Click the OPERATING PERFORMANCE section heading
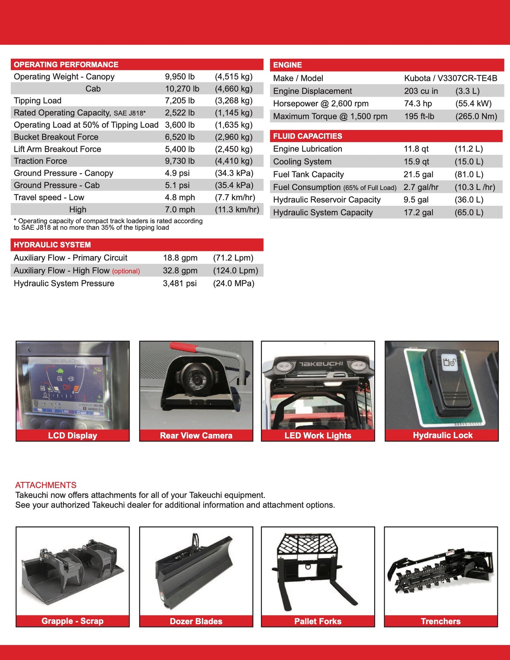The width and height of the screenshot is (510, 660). [66, 65]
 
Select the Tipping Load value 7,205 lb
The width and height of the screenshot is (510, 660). [180, 101]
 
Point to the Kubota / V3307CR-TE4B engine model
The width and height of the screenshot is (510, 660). [450, 78]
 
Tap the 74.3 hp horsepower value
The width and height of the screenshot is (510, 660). [418, 104]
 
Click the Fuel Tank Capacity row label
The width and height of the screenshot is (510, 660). [308, 174]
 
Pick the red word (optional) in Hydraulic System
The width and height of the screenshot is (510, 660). [126, 271]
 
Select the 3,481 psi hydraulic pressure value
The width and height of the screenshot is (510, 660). [180, 283]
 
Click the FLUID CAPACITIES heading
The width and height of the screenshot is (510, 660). [307, 136]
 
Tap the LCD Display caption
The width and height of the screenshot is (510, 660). [72, 436]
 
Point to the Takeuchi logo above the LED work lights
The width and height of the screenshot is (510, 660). [321, 364]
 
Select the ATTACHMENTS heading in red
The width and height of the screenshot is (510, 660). [46, 485]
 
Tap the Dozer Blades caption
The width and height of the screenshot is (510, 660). [196, 621]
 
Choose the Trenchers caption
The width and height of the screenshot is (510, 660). [440, 621]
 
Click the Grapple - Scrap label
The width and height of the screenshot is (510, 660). [72, 621]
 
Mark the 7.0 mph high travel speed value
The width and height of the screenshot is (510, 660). [180, 210]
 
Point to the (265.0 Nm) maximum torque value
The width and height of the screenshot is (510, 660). [476, 116]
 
